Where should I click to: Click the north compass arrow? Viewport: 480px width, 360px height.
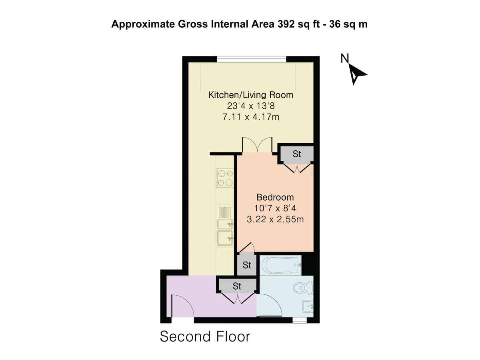tap(357, 74)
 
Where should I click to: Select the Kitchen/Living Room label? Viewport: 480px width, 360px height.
tap(251, 95)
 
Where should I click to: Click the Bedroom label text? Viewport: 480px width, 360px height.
tap(275, 197)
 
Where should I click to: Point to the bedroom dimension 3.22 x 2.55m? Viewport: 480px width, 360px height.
tap(275, 219)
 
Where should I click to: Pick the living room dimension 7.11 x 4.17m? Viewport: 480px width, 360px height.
tap(251, 117)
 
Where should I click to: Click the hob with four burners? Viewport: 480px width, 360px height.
tap(225, 178)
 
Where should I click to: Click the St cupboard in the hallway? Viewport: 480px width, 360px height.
tap(237, 286)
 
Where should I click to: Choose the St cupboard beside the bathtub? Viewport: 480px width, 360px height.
tap(247, 265)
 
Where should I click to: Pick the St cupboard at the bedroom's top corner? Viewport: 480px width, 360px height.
tap(296, 154)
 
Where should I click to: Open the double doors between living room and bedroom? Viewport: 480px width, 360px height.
tap(258, 145)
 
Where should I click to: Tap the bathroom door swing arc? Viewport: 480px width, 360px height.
tap(267, 306)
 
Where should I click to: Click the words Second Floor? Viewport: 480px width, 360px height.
tap(205, 336)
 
